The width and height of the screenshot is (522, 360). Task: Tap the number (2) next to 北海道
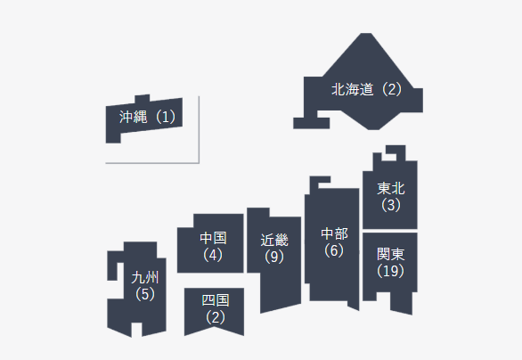[392, 89]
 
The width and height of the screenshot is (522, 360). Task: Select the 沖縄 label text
[133, 117]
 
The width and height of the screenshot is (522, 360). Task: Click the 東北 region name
[391, 189]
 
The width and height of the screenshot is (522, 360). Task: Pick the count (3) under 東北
[391, 205]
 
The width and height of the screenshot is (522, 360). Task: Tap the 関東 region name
[391, 255]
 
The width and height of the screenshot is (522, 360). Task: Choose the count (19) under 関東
[391, 271]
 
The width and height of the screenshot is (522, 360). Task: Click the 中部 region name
[335, 233]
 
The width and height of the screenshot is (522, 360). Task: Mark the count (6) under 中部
[334, 250]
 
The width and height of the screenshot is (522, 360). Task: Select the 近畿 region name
[274, 240]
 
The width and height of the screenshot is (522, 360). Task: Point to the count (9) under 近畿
[274, 257]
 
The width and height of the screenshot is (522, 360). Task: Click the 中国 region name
[214, 238]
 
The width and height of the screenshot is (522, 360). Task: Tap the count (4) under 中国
[213, 255]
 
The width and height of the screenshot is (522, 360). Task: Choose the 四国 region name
[216, 300]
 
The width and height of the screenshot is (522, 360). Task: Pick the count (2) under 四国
[216, 317]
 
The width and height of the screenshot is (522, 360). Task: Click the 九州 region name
[145, 277]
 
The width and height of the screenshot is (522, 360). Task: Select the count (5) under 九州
[145, 294]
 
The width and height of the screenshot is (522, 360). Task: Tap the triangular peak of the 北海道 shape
[366, 34]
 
